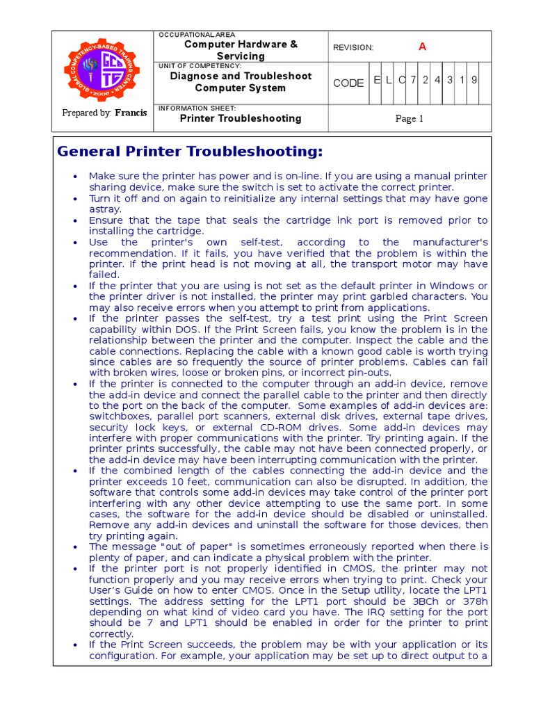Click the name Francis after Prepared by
pos(131,113)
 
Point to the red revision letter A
pos(421,47)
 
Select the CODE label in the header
pos(348,83)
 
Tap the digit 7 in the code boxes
pos(413,80)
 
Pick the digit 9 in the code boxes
pos(474,80)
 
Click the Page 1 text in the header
pos(410,119)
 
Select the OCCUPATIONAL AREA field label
pos(197,34)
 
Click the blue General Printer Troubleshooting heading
pos(190,152)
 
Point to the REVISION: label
pos(353,47)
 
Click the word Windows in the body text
pos(452,286)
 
